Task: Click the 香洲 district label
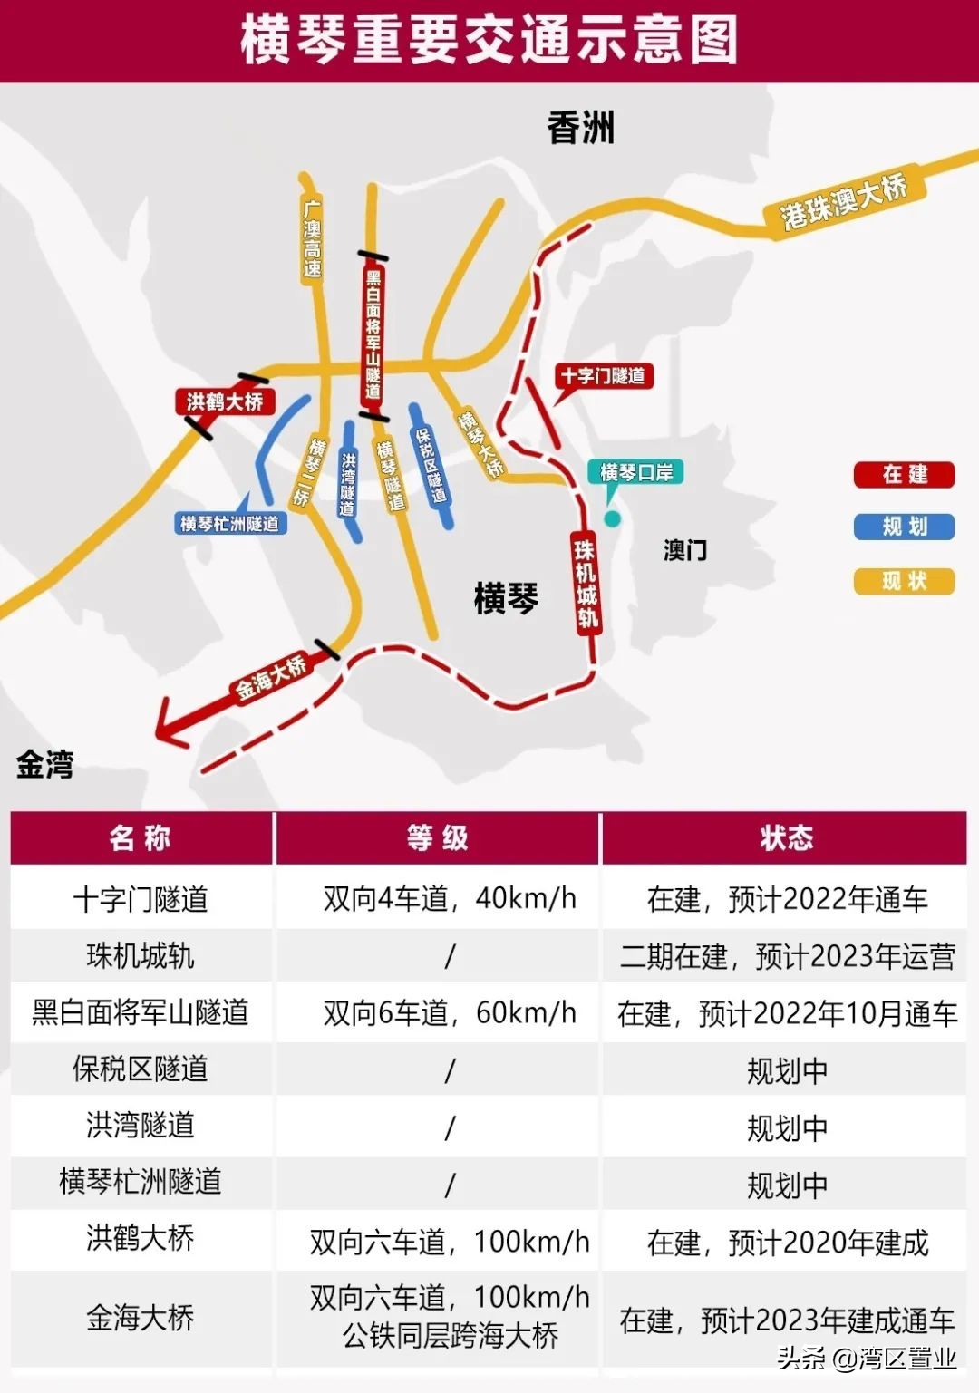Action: (x=581, y=128)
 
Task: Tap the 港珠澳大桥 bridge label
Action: (x=844, y=201)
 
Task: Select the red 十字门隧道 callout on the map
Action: (x=603, y=375)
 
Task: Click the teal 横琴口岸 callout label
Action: (x=636, y=471)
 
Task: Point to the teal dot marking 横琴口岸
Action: (x=613, y=518)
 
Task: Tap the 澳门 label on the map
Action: (x=685, y=550)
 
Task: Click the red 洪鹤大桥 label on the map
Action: (x=224, y=401)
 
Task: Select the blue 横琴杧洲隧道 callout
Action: (x=230, y=523)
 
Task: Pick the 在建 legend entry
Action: (x=904, y=474)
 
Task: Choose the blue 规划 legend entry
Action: (x=904, y=527)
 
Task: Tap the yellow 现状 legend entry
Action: (x=904, y=581)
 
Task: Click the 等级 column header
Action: (x=437, y=838)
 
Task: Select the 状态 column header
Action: (x=785, y=838)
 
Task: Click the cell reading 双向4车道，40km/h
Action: (x=450, y=898)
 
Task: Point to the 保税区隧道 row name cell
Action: (x=141, y=1069)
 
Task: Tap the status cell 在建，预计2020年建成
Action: (x=787, y=1242)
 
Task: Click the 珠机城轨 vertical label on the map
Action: (x=586, y=583)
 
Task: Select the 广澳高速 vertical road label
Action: (x=312, y=238)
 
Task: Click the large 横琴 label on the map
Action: (x=506, y=598)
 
